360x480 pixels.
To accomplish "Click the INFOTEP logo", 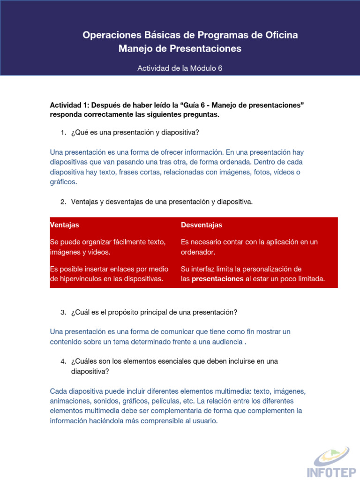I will pyautogui.click(x=328, y=461).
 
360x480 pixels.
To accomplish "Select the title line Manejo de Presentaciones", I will pyautogui.click(x=180, y=49).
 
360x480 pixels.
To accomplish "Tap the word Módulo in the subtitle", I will pyautogui.click(x=202, y=68).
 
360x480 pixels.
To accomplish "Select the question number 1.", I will pyautogui.click(x=63, y=133).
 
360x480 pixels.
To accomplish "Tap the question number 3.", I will pyautogui.click(x=63, y=312).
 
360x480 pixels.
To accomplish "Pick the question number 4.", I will pyautogui.click(x=63, y=361).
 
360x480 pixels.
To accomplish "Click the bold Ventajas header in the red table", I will pyautogui.click(x=65, y=225).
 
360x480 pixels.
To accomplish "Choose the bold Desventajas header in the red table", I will pyautogui.click(x=202, y=225).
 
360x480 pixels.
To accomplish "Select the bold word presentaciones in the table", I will pyautogui.click(x=217, y=279).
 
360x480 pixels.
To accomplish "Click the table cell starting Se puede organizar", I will pyautogui.click(x=108, y=247).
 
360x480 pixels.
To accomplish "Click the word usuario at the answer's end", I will pyautogui.click(x=205, y=421).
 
